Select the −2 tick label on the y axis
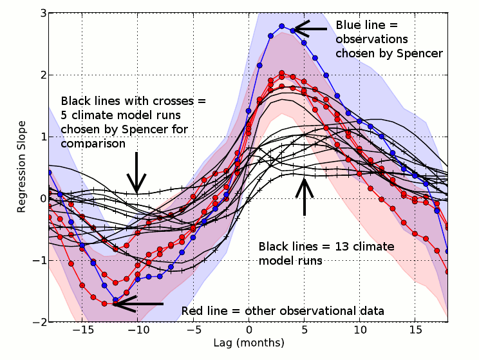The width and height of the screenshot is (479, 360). tap(36, 321)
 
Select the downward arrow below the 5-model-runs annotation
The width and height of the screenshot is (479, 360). tap(136, 173)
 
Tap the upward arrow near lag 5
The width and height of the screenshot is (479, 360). tap(305, 196)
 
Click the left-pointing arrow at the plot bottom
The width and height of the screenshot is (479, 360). tap(138, 303)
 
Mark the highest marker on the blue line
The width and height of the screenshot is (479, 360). tap(282, 26)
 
